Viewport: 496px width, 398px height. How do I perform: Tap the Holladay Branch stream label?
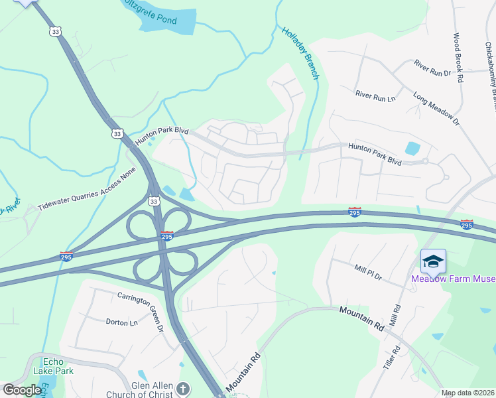point(300,52)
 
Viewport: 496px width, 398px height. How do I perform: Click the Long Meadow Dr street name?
point(436,109)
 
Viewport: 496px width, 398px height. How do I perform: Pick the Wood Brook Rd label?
point(458,58)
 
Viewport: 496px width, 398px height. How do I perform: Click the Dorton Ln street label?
point(121,322)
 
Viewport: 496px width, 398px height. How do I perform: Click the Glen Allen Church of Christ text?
point(140,390)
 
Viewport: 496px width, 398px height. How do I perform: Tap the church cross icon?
point(184,389)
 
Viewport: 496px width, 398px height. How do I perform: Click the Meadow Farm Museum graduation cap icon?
point(433,261)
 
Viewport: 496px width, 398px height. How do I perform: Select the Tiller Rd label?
point(397,358)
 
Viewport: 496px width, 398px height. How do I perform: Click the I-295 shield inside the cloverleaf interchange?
point(167,235)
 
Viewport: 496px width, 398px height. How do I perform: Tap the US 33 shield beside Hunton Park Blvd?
point(117,133)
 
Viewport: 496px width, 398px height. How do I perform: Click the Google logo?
point(23,390)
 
